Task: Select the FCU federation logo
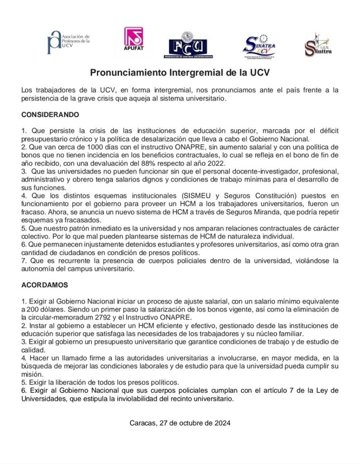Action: point(188,45)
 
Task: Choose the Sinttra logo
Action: point(318,44)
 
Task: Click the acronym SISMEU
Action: point(198,196)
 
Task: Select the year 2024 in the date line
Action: point(222,423)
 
